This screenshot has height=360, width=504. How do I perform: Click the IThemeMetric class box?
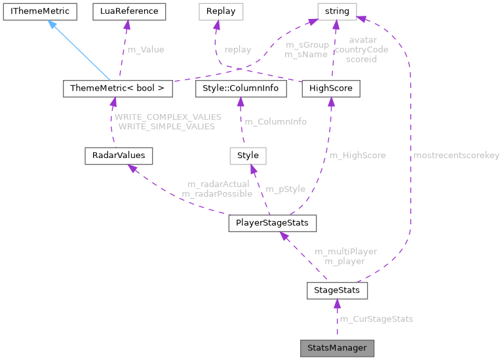[x=39, y=11]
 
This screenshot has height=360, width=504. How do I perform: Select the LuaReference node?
[x=128, y=11]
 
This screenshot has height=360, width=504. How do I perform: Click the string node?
[x=337, y=11]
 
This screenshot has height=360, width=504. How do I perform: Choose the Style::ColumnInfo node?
[x=241, y=88]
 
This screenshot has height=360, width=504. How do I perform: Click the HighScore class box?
[x=331, y=88]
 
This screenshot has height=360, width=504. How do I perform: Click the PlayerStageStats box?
[x=272, y=223]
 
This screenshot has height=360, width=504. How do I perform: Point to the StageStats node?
[x=337, y=290]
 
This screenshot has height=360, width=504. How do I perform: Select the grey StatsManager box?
[x=337, y=348]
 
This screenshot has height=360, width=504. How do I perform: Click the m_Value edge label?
[x=145, y=49]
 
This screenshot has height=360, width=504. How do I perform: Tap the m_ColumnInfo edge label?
[x=275, y=121]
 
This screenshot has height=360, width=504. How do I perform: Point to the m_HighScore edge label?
[x=357, y=155]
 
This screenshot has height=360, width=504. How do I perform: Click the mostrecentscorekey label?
[x=456, y=155]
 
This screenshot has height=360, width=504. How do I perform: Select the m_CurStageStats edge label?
[x=376, y=319]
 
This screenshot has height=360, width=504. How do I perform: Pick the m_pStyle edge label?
[x=286, y=189]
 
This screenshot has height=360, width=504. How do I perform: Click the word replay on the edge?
[x=237, y=49]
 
